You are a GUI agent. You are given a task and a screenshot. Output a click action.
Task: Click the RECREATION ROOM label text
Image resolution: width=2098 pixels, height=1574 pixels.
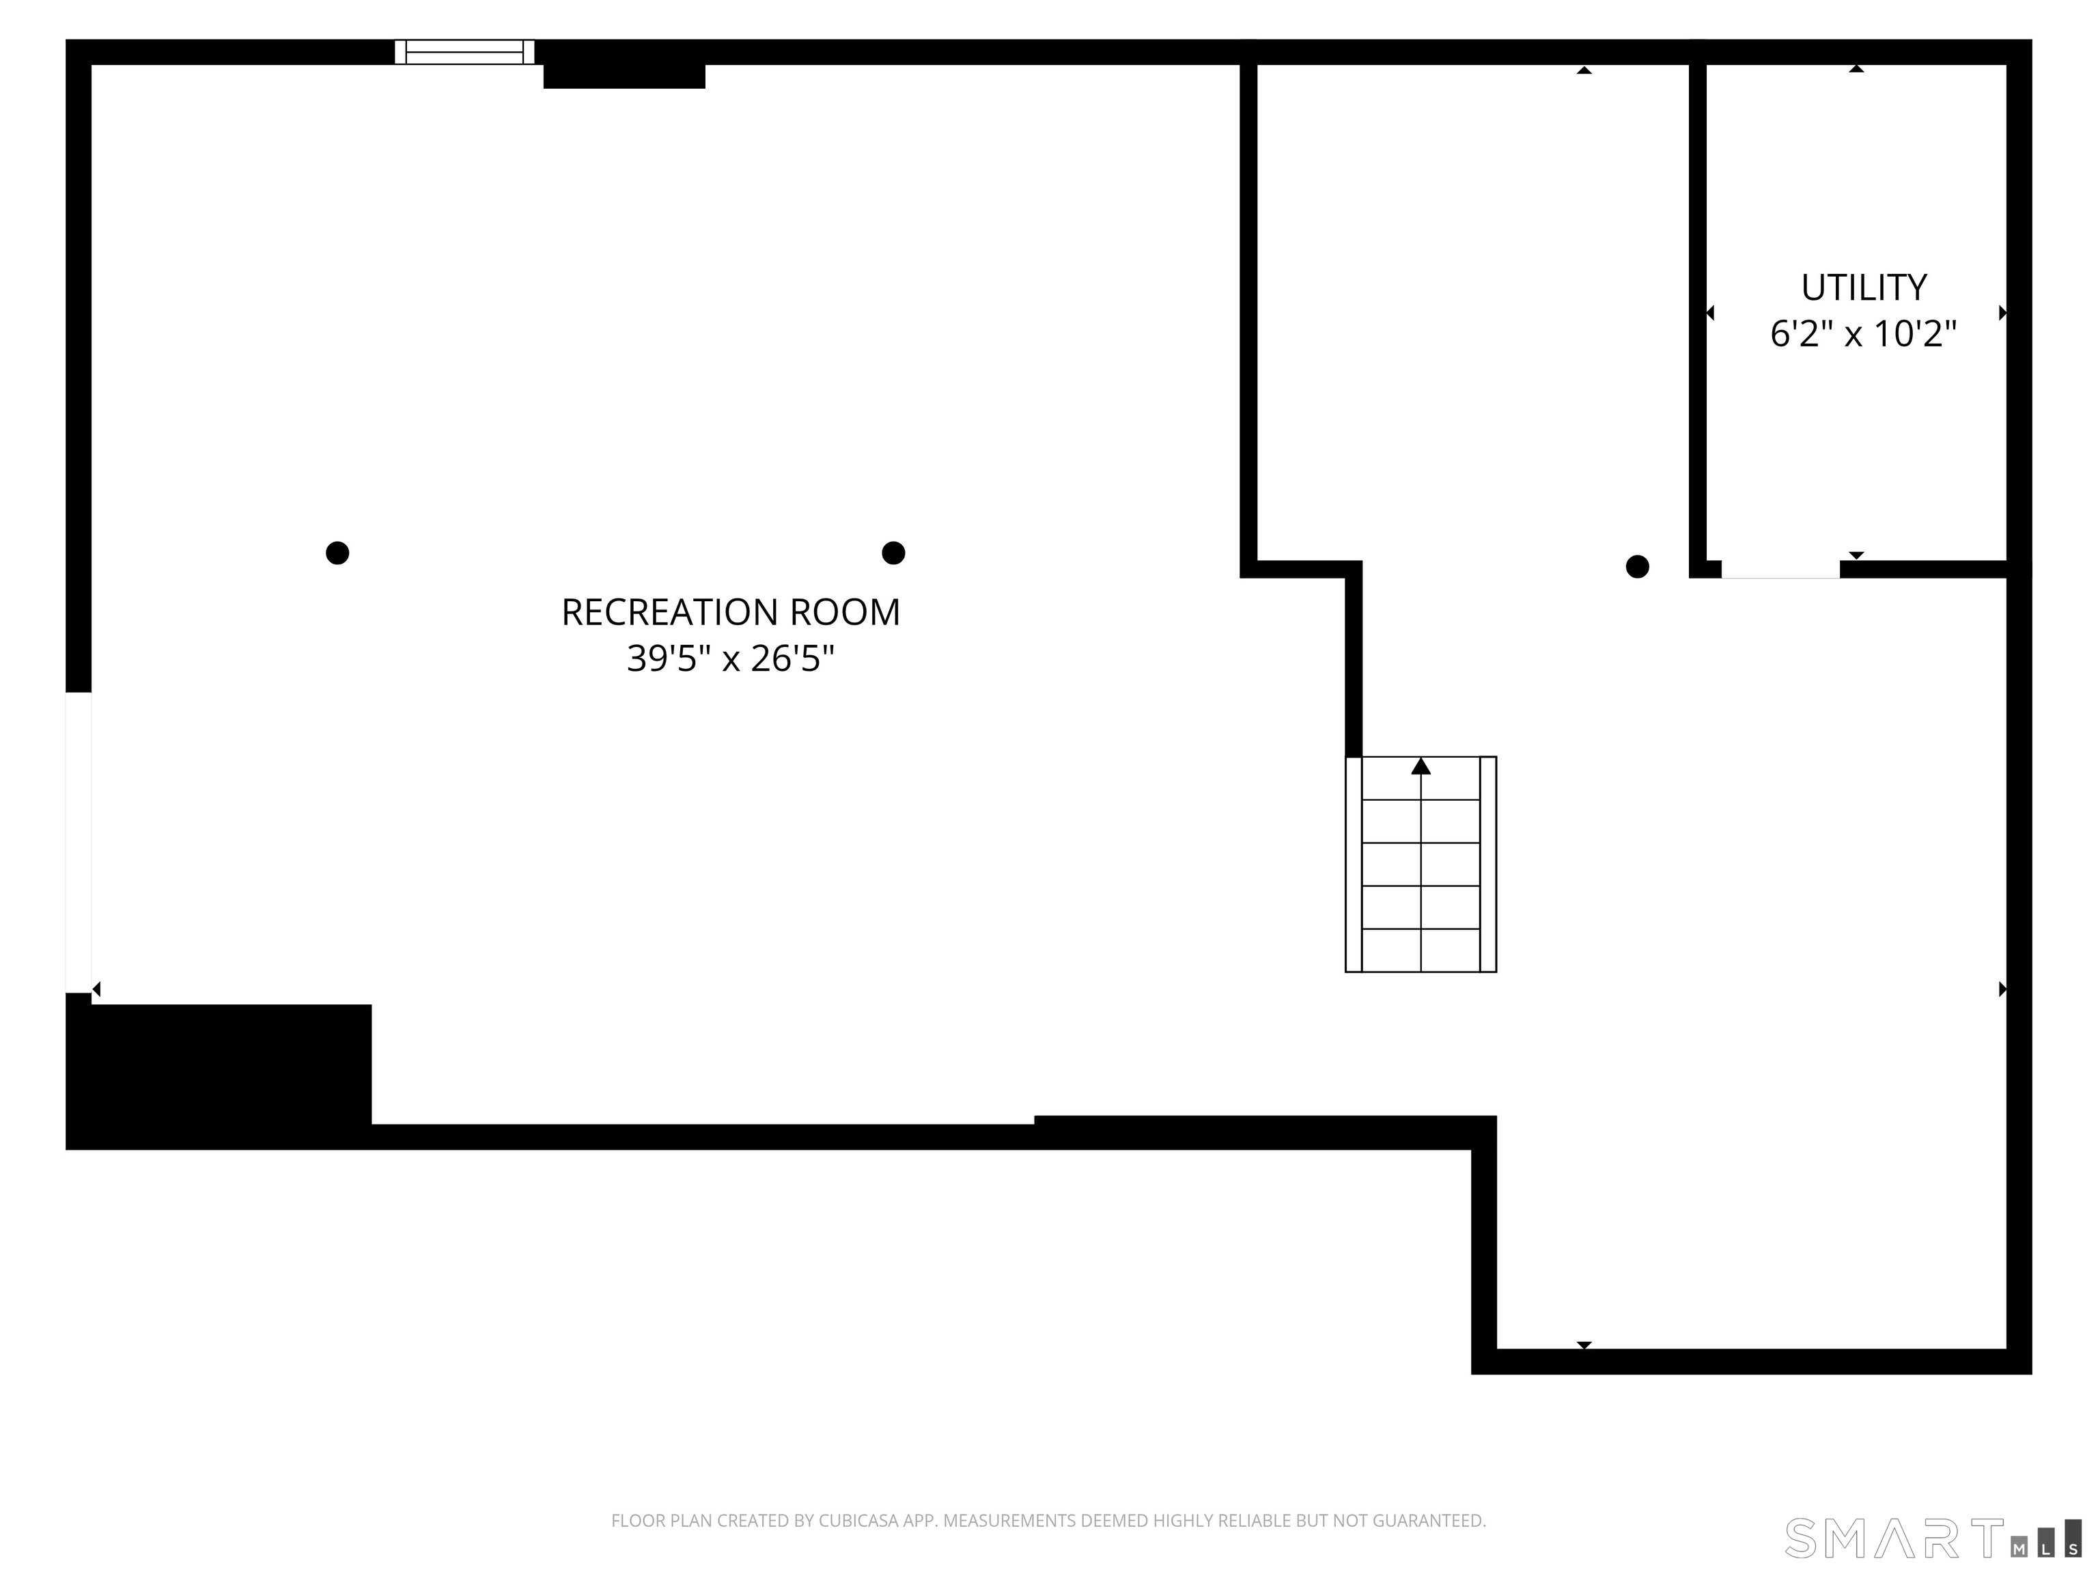pyautogui.click(x=730, y=613)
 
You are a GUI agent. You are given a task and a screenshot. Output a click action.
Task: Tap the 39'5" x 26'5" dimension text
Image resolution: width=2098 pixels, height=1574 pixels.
pyautogui.click(x=730, y=659)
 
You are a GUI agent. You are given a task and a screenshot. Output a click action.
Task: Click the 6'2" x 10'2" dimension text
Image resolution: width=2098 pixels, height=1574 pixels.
pyautogui.click(x=1863, y=334)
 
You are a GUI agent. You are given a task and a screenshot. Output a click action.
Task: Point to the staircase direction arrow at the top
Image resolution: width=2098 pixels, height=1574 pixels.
pyautogui.click(x=1420, y=767)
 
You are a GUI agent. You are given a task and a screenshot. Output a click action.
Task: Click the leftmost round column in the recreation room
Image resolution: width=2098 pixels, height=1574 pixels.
pyautogui.click(x=337, y=553)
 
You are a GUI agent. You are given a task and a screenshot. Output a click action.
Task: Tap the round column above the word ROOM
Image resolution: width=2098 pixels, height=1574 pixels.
pyautogui.click(x=893, y=553)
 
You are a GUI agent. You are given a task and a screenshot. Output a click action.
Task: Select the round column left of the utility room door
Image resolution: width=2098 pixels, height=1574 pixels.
pyautogui.click(x=1637, y=566)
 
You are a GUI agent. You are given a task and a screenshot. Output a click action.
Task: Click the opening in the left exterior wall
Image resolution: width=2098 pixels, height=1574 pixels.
pyautogui.click(x=78, y=842)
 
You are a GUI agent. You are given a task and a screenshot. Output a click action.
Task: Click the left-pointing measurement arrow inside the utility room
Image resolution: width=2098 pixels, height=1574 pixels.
pyautogui.click(x=1710, y=313)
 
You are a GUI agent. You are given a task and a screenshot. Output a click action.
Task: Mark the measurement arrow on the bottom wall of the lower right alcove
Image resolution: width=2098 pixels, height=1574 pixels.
pyautogui.click(x=1584, y=1344)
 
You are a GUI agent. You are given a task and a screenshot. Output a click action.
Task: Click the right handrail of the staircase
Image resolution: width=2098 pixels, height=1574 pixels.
pyautogui.click(x=1488, y=864)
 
